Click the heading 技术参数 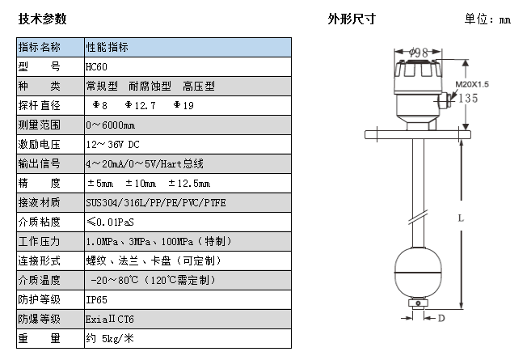tap(42, 19)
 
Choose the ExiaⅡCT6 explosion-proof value tap(109, 319)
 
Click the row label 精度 tap(40, 183)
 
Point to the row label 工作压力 tap(40, 241)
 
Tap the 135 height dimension tap(468, 99)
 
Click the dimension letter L tap(460, 218)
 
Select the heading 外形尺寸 tap(351, 19)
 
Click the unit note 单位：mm tap(487, 19)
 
